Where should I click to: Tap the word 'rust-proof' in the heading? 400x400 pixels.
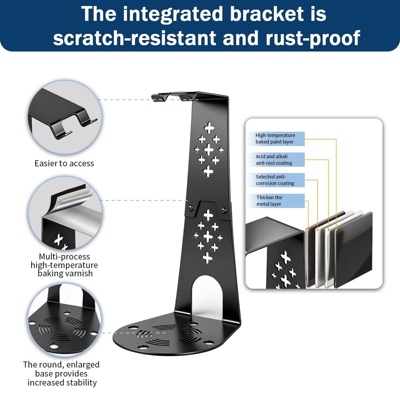313,38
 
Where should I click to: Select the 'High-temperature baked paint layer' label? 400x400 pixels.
275,138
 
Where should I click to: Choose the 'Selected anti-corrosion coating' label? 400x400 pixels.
275,180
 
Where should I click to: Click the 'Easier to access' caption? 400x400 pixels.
64,163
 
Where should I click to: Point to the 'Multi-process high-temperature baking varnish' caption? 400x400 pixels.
64,265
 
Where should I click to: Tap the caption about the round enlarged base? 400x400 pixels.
61,374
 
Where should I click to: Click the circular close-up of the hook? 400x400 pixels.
65,117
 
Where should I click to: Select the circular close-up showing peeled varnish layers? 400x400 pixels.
65,213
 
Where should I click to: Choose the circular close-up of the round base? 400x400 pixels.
64,320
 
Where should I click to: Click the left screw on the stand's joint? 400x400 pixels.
190,208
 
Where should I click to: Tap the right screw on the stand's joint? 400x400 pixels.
224,210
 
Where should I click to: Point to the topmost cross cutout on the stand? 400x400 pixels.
209,128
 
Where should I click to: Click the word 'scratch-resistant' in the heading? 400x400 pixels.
135,38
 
